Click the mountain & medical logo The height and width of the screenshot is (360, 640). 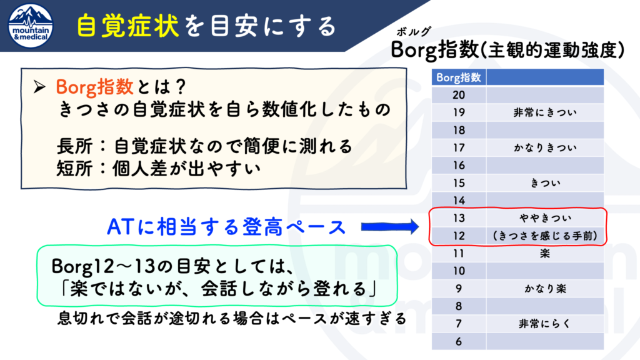(31, 26)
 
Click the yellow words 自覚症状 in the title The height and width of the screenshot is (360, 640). (127, 26)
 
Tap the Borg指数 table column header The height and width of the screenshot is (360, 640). (459, 77)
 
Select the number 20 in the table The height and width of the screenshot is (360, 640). (459, 95)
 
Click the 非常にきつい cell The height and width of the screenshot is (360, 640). (545, 112)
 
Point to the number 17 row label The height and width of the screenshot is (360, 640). (459, 147)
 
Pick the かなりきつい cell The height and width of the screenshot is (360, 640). (545, 147)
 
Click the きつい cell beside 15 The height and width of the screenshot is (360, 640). (545, 183)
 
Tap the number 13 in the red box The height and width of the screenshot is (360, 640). (459, 218)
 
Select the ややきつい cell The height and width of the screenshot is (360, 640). (545, 218)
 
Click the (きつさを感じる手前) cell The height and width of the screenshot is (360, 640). (545, 236)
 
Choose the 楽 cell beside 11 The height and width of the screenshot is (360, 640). (545, 254)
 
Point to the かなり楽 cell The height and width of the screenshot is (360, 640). (545, 289)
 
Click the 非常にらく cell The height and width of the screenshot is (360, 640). (545, 324)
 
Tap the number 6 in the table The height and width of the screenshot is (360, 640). (459, 342)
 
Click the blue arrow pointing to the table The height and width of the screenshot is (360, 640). (390, 226)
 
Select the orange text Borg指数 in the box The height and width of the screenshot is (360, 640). (94, 86)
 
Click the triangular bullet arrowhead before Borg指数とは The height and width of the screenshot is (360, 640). (39, 86)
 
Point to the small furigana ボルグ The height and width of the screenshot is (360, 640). (413, 32)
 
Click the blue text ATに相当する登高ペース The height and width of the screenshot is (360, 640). (226, 227)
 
